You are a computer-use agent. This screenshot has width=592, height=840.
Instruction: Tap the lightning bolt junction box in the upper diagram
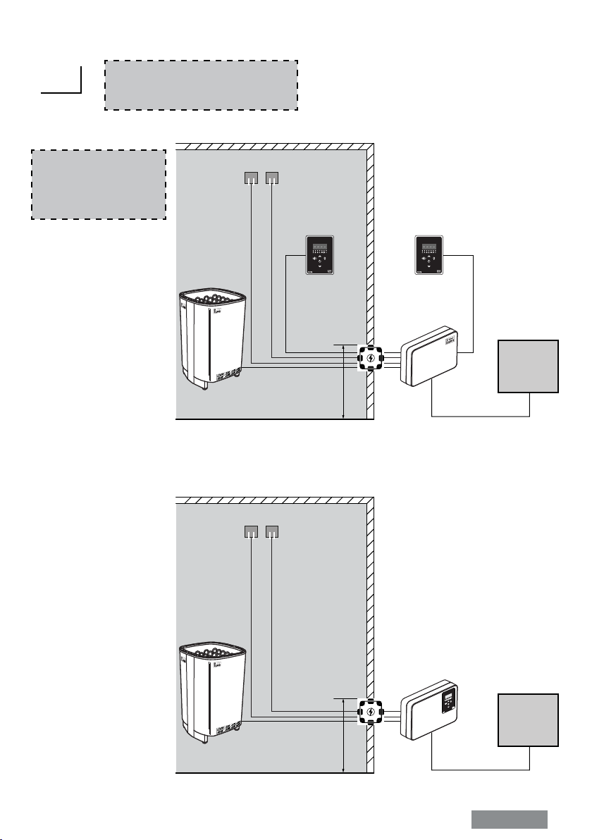371,359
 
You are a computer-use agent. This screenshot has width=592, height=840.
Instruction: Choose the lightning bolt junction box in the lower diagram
371,712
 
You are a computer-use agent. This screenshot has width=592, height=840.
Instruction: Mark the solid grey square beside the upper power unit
529,366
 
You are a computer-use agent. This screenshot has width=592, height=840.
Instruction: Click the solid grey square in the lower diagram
529,719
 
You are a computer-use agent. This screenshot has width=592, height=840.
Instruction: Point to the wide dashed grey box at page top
201,85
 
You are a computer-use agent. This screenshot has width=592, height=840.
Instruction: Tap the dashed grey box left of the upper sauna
99,184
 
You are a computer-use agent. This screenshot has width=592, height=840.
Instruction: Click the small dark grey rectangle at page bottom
509,820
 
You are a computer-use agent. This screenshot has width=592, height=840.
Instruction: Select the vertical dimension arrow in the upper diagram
343,381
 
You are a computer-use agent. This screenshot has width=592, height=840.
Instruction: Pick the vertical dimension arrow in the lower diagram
343,735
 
